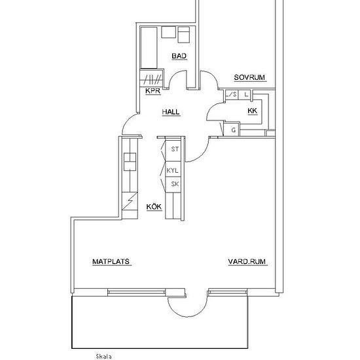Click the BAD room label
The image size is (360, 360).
179,56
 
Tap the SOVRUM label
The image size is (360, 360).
249,77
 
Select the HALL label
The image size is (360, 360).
171,112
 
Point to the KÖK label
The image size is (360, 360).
154,206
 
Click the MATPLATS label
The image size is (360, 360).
111,262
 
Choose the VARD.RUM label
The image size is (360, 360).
247,262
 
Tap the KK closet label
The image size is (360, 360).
252,111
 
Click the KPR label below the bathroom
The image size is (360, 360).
153,91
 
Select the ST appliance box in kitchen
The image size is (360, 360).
173,151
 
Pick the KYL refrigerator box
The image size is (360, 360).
173,170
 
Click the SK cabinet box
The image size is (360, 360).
173,185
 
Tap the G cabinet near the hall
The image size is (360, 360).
232,130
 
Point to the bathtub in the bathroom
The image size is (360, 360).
149,48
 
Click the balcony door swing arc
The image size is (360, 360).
187,315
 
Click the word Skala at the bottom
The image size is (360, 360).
104,357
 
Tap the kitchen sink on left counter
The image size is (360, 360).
130,162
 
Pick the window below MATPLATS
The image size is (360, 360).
137,292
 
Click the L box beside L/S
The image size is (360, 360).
245,95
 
